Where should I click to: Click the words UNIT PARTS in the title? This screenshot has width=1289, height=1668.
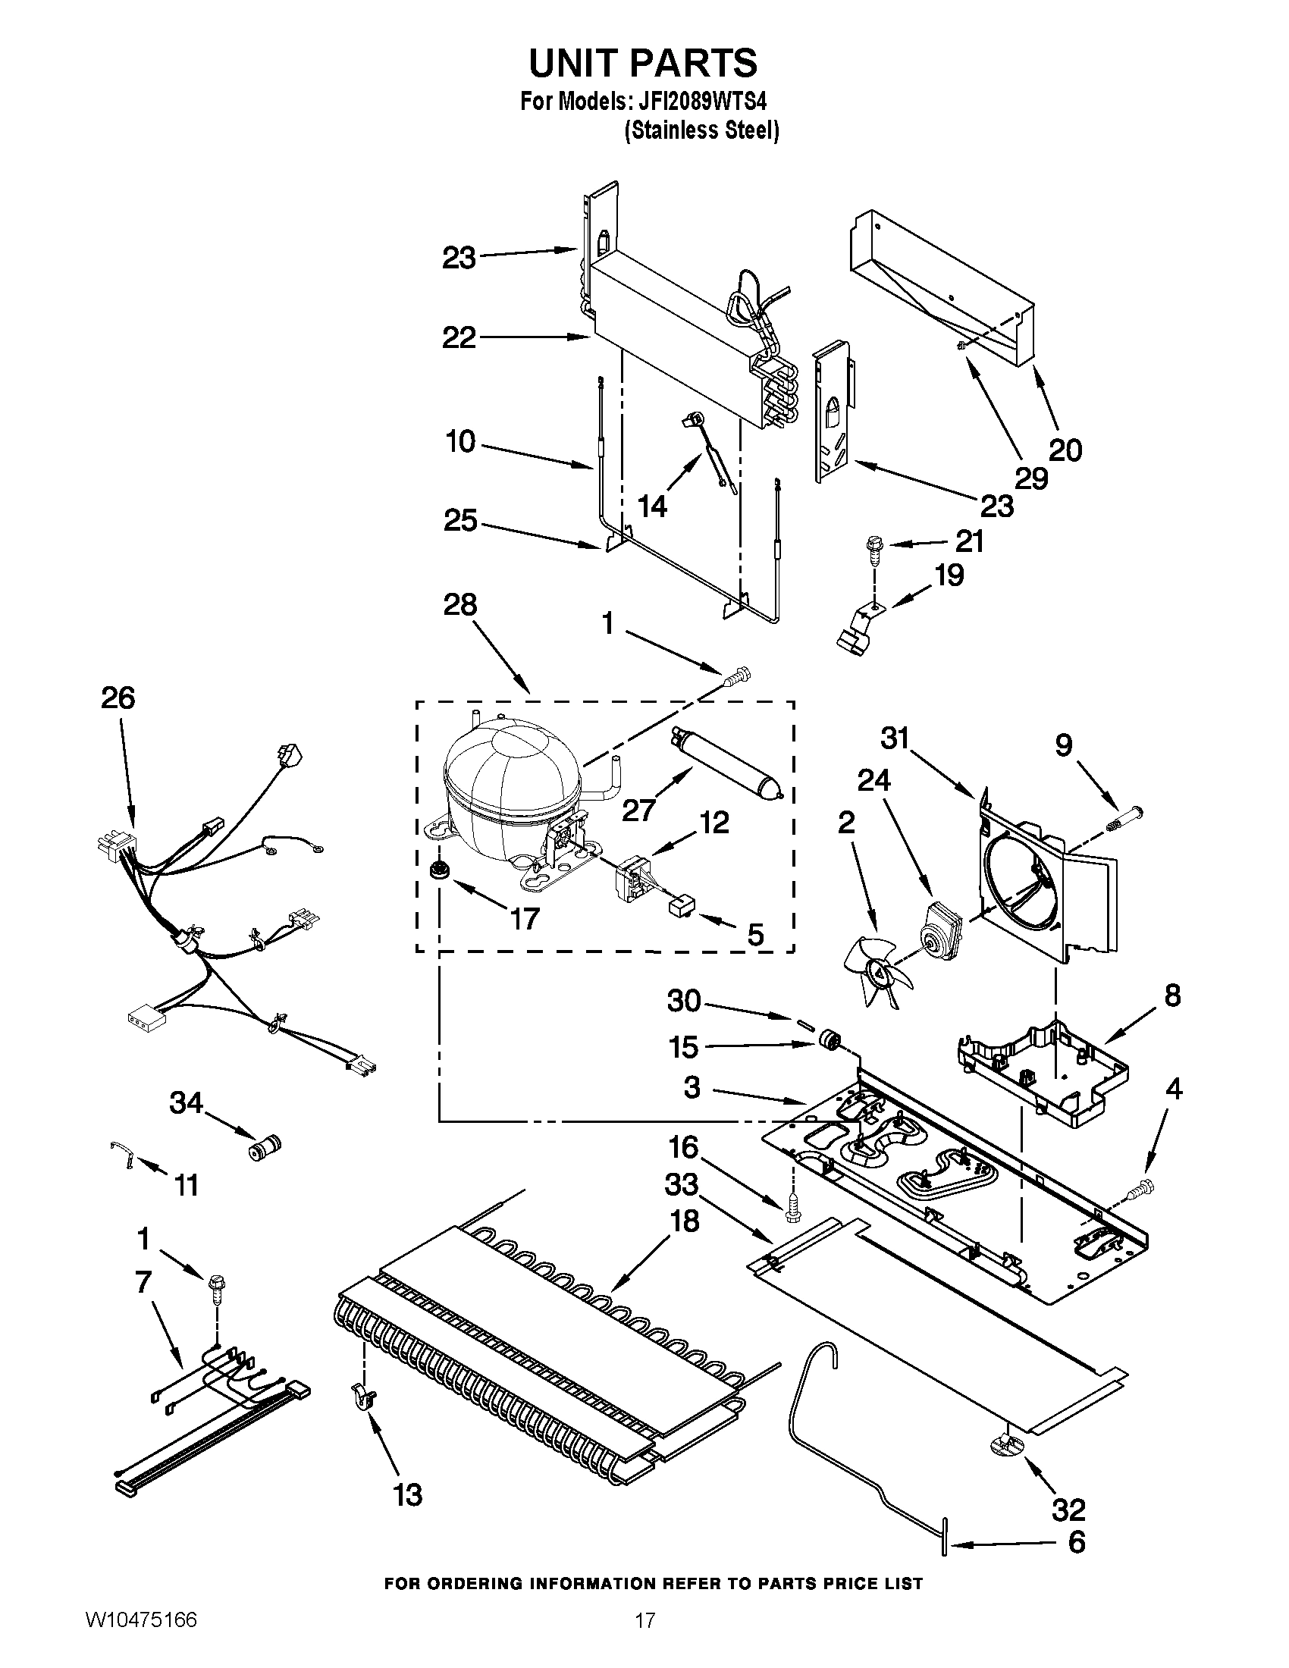[643, 63]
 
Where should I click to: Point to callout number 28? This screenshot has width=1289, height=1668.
[460, 605]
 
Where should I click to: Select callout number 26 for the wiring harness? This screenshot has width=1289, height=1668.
[118, 698]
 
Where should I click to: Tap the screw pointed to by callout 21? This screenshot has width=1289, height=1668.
[872, 550]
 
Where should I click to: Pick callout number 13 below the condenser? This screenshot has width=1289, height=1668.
[408, 1494]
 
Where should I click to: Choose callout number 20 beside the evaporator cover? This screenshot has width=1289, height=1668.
[1065, 450]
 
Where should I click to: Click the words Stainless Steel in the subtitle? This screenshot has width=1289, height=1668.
[702, 130]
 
